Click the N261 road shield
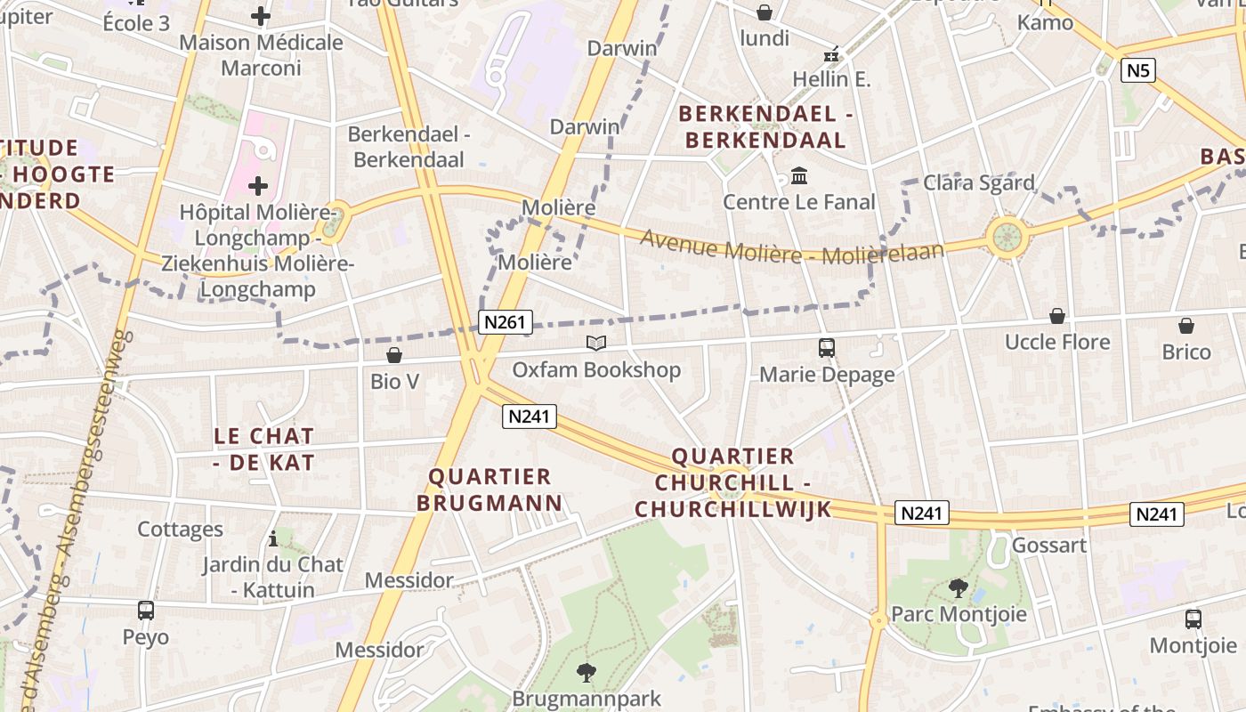click(x=506, y=321)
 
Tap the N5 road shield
click(x=1138, y=70)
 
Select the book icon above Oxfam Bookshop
click(x=595, y=343)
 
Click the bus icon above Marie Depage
click(x=827, y=347)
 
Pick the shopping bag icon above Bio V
click(x=394, y=355)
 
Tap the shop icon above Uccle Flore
click(x=1057, y=316)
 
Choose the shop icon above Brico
click(x=1186, y=326)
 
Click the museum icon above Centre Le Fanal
click(x=799, y=175)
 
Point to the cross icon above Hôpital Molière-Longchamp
click(x=258, y=185)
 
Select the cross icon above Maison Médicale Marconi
click(x=261, y=15)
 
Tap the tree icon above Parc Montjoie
click(x=959, y=587)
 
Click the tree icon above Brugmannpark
click(x=587, y=672)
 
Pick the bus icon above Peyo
click(x=146, y=611)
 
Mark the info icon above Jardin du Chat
click(x=273, y=538)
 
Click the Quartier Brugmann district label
click(x=490, y=489)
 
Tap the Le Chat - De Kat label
click(x=264, y=449)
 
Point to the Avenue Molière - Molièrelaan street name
click(x=791, y=247)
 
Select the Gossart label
click(x=1049, y=545)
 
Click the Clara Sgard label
click(x=979, y=182)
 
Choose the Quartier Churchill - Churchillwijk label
click(x=732, y=482)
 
